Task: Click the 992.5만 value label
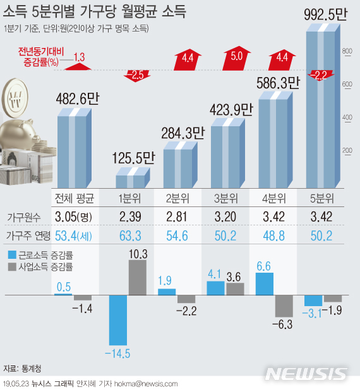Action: pyautogui.click(x=324, y=15)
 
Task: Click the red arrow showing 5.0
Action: pyautogui.click(x=237, y=57)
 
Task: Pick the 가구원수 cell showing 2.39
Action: pyautogui.click(x=133, y=218)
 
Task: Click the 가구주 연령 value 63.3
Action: pyautogui.click(x=133, y=237)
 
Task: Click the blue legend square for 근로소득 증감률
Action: pyautogui.click(x=11, y=255)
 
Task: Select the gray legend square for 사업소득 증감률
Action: pyautogui.click(x=11, y=266)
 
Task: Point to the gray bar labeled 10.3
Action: pyautogui.click(x=138, y=278)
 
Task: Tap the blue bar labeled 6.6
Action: pyautogui.click(x=265, y=284)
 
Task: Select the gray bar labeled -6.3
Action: pyautogui.click(x=284, y=307)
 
